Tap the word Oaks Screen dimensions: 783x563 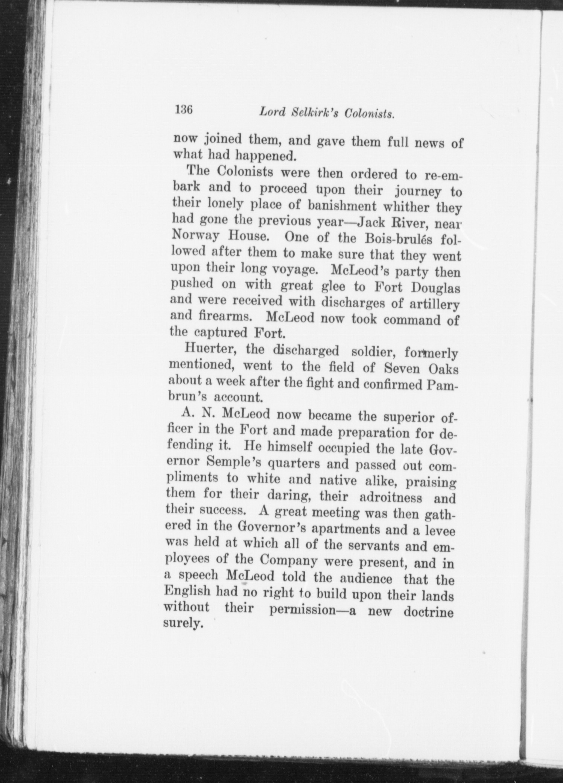coord(443,369)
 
